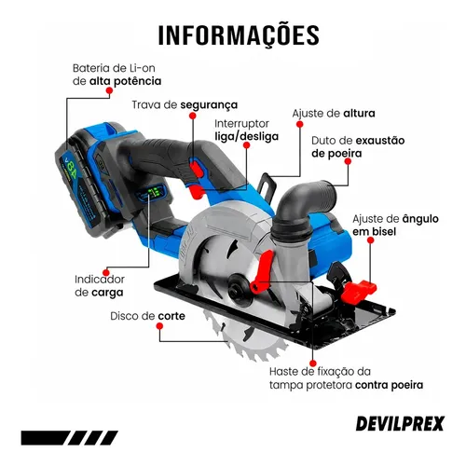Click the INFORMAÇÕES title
click(239, 34)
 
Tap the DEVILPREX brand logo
click(400, 423)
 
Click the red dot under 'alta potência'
click(109, 90)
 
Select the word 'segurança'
click(209, 105)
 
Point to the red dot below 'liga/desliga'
click(246, 145)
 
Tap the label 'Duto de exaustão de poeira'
click(358, 146)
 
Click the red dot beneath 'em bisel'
click(370, 240)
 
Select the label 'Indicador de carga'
click(100, 285)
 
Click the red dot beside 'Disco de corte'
click(159, 326)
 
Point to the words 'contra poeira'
click(389, 385)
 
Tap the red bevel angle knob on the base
click(358, 292)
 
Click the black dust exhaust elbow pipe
click(301, 205)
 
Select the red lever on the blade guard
click(263, 271)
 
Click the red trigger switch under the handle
click(197, 191)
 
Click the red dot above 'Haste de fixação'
click(313, 363)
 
